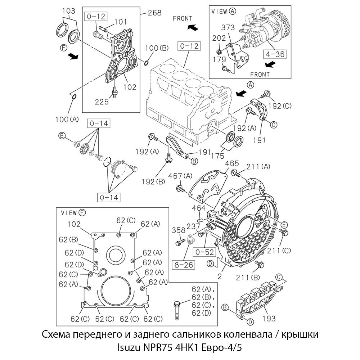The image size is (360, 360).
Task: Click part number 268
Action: [154, 13]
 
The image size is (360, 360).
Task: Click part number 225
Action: [102, 102]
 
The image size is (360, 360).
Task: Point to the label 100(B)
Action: [157, 48]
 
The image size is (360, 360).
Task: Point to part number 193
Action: [269, 318]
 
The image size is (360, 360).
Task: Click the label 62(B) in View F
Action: [68, 239]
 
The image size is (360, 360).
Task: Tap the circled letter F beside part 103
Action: [63, 47]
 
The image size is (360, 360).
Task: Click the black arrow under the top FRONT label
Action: [192, 27]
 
